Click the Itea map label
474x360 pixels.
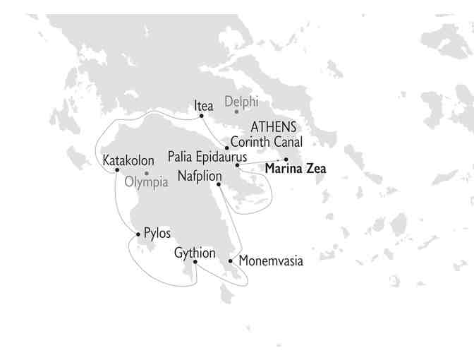click(x=204, y=106)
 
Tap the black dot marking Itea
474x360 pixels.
click(x=202, y=116)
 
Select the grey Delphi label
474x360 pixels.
click(x=241, y=101)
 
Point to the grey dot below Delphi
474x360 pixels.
click(x=236, y=112)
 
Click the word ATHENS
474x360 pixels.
click(x=274, y=128)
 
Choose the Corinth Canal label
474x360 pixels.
click(x=267, y=142)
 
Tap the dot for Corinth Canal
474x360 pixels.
click(x=226, y=148)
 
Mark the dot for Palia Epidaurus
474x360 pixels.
click(x=237, y=165)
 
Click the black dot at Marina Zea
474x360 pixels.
click(x=286, y=160)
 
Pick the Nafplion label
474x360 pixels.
click(x=200, y=175)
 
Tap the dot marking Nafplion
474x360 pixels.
click(x=219, y=185)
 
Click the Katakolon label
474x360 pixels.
click(x=128, y=161)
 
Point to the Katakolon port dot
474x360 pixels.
click(x=117, y=170)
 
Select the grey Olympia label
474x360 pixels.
click(x=146, y=182)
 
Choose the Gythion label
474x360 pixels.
click(x=195, y=252)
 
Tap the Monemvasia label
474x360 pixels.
click(x=271, y=261)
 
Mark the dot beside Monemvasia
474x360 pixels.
click(x=231, y=261)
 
